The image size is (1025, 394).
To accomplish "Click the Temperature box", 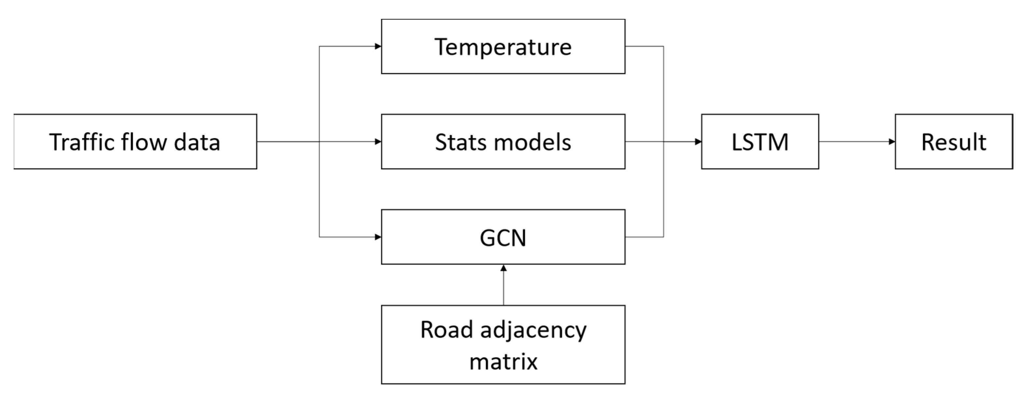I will (503, 46).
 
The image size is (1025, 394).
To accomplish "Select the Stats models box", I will (503, 141).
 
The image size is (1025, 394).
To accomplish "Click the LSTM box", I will (760, 141).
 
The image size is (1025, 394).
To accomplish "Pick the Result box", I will (953, 141).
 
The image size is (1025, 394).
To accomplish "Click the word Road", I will (446, 330).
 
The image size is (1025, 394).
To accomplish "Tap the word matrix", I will (503, 362).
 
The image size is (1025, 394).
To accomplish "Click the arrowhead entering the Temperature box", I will (378, 46).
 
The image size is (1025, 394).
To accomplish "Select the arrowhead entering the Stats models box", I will (378, 141).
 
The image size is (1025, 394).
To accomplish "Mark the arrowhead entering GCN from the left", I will (378, 237).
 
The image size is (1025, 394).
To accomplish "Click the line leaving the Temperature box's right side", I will (645, 46).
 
